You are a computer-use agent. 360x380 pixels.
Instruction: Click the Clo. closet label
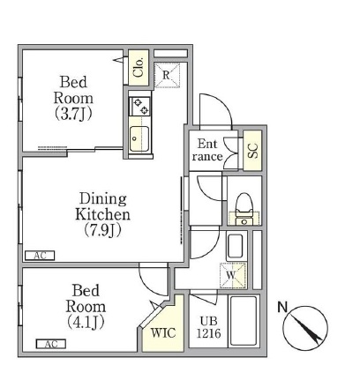point(139,67)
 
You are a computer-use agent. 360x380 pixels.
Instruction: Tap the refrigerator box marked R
point(167,75)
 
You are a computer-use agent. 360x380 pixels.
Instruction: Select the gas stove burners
point(140,106)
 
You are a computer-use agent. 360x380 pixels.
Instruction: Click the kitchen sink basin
point(139,138)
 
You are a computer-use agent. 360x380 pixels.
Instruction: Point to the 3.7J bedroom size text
point(73,114)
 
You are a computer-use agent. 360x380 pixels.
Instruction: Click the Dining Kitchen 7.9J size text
point(102,230)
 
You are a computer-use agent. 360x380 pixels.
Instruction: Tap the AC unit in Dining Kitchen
point(40,256)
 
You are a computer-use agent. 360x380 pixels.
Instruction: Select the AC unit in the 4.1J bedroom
point(51,344)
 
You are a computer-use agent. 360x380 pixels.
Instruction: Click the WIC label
point(163,332)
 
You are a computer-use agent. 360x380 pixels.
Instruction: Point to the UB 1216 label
point(208,326)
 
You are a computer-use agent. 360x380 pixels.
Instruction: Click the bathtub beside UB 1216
point(244,321)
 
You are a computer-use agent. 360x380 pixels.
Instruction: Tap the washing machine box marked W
point(233,276)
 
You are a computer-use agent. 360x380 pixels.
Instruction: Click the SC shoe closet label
point(252,151)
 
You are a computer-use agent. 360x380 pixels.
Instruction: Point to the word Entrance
point(207,150)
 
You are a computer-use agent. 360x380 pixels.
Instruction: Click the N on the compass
point(282,307)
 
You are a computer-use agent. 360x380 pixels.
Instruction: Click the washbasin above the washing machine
point(236,247)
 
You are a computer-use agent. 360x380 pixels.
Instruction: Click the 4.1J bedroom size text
point(86,322)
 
